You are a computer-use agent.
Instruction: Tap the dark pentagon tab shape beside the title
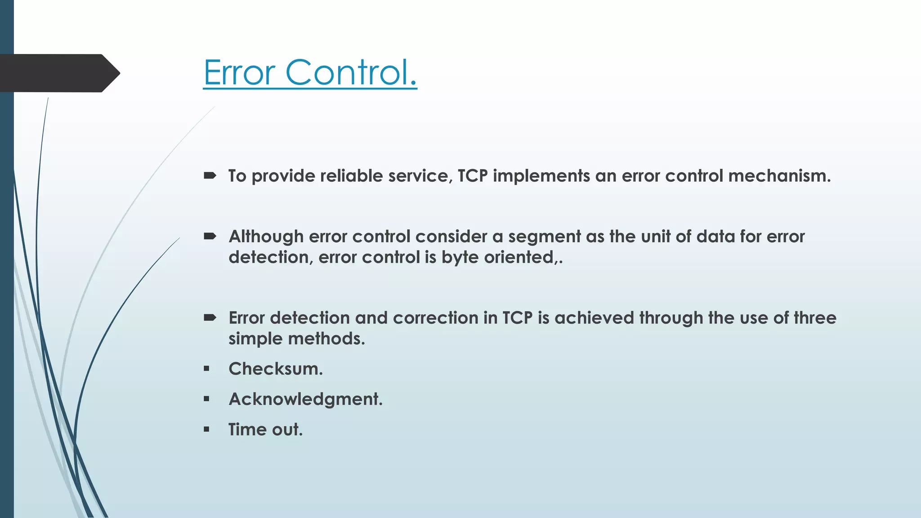(x=58, y=73)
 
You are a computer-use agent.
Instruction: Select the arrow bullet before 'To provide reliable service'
(x=210, y=175)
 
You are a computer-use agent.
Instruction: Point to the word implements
(x=541, y=176)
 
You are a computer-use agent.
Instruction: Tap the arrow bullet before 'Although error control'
(x=210, y=236)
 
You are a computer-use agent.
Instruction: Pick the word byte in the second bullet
(x=460, y=257)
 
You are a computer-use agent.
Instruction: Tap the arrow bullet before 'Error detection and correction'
(x=210, y=317)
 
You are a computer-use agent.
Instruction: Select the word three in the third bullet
(x=814, y=318)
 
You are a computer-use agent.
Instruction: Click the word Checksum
(x=275, y=369)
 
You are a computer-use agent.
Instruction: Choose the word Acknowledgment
(x=305, y=399)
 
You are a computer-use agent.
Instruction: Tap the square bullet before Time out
(x=206, y=429)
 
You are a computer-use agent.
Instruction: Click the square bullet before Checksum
(x=206, y=369)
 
